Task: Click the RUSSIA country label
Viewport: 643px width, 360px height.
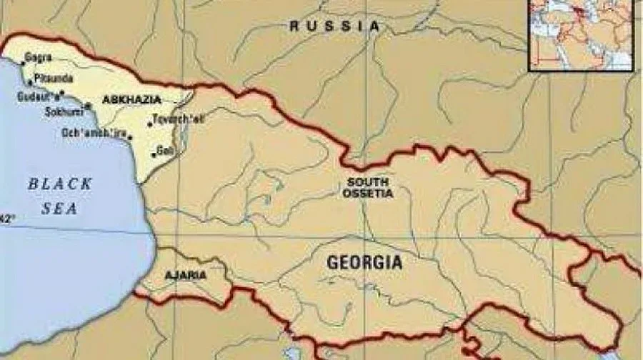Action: [x=334, y=26]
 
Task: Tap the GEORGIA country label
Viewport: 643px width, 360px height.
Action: [x=364, y=263]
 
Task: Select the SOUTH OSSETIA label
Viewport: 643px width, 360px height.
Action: [x=367, y=187]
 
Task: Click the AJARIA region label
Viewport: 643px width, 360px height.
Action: [x=185, y=275]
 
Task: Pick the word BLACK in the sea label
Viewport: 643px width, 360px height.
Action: [x=60, y=184]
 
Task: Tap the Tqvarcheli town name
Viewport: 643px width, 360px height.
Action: [x=179, y=119]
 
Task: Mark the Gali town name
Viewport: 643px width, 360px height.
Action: [x=165, y=151]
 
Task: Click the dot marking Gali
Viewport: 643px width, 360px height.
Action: [x=154, y=151]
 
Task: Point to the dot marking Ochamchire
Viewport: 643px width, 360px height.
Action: [x=131, y=136]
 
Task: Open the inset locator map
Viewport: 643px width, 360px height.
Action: [x=580, y=34]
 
